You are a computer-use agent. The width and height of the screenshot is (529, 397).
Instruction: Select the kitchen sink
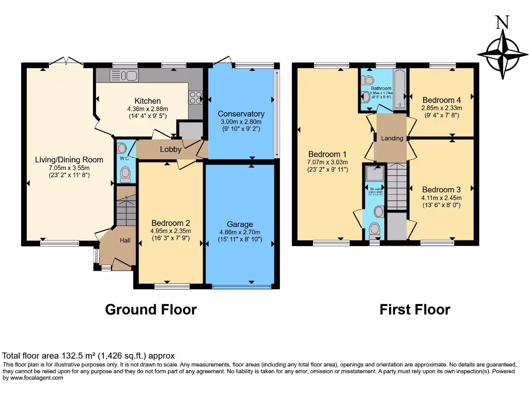(x=124, y=77)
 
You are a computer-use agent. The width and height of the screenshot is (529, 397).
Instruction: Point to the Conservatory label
(x=241, y=114)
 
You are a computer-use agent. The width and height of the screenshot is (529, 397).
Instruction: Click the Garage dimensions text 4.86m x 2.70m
(x=240, y=232)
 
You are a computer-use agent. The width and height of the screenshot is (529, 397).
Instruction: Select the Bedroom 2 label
(x=170, y=223)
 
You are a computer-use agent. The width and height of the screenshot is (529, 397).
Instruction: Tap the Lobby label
(x=170, y=149)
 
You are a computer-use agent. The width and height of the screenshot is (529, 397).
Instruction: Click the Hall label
(x=126, y=240)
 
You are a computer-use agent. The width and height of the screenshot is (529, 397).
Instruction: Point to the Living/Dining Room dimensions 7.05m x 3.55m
(x=69, y=167)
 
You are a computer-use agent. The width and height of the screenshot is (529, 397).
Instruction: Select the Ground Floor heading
(x=151, y=310)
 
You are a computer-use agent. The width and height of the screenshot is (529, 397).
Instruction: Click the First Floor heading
(x=415, y=310)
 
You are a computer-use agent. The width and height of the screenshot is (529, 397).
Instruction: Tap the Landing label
(x=392, y=139)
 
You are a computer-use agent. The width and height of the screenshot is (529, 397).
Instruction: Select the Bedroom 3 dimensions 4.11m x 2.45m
(x=442, y=197)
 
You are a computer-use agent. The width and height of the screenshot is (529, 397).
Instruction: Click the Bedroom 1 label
(x=328, y=154)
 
